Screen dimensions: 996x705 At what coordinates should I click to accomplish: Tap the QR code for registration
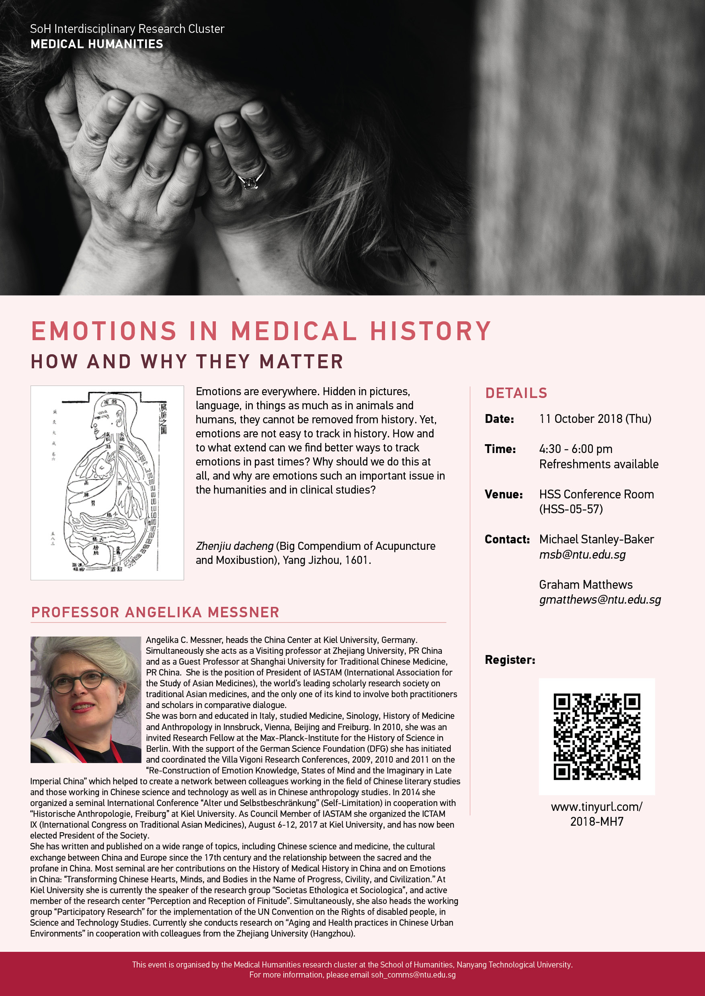596,737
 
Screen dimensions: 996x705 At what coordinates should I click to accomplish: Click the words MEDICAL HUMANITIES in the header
97,44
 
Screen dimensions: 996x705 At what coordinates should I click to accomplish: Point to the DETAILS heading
516,393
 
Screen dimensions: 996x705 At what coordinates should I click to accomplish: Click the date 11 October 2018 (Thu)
595,419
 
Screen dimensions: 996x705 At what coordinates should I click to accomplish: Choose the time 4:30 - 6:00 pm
576,449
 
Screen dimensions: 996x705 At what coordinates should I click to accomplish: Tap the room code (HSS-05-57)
571,509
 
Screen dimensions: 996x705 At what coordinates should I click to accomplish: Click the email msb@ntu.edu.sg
582,555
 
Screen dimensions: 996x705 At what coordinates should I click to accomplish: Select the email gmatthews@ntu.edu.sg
600,600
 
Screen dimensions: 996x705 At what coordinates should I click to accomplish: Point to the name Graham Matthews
586,585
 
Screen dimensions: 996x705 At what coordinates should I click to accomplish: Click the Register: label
510,660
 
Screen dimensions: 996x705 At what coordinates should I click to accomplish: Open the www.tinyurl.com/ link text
596,807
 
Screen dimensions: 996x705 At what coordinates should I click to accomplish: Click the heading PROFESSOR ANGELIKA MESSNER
156,612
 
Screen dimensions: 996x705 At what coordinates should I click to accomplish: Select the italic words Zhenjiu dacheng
234,546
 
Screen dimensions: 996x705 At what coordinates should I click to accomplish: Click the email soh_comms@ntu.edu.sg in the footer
413,975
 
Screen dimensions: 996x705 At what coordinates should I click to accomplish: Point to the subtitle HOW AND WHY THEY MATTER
187,362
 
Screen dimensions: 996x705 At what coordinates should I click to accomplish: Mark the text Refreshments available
598,464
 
